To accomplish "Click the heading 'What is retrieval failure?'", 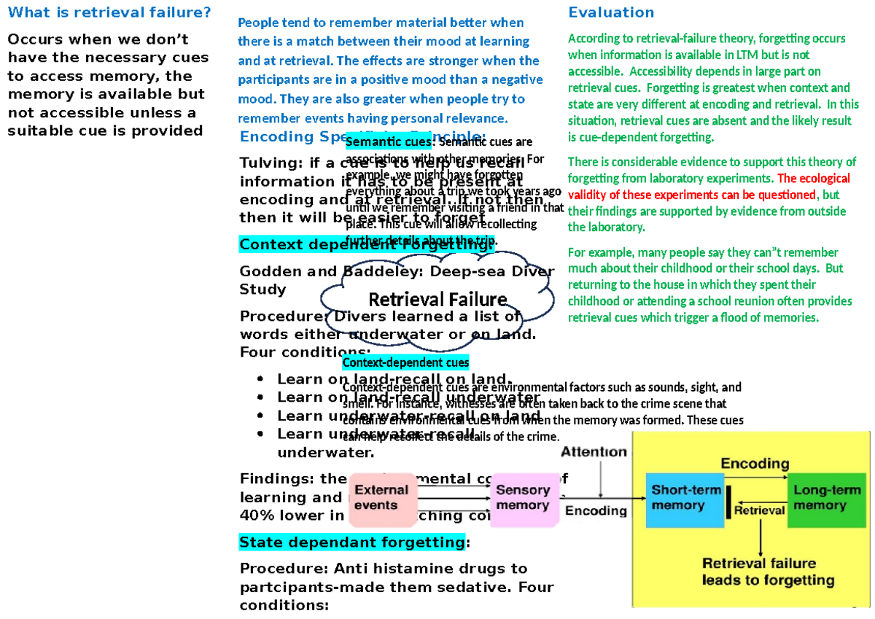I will [x=109, y=12].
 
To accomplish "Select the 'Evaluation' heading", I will [x=611, y=12].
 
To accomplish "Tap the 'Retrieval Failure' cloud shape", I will [x=437, y=300].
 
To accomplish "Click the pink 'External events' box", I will [x=381, y=499].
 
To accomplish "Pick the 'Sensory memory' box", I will [x=522, y=499].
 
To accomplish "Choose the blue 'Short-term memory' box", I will [x=685, y=498].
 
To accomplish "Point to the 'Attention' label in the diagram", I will [x=594, y=452].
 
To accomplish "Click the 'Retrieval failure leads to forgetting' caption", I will [x=758, y=572].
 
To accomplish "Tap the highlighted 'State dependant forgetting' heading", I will [x=351, y=542].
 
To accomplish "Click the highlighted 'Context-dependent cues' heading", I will [x=405, y=362].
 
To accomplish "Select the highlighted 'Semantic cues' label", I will [x=389, y=142].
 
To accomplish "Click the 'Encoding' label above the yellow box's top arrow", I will [x=755, y=464].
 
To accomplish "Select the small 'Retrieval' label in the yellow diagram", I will [x=759, y=510].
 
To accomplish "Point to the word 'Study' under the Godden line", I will [x=262, y=289].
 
